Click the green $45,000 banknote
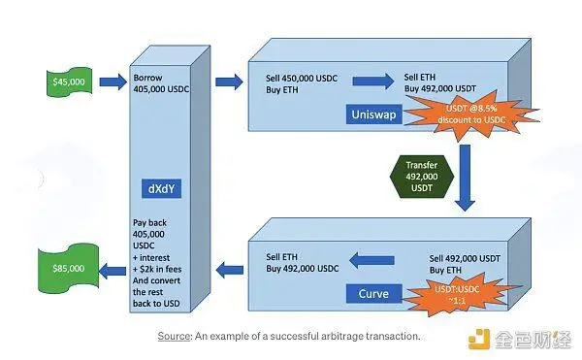pos(70,82)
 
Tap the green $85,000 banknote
pos(69,268)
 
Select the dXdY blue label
pos(161,189)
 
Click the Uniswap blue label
pos(373,115)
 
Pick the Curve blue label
pos(373,294)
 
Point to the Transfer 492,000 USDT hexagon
pos(422,177)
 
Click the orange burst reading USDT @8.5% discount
pos(471,115)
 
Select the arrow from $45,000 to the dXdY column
pos(113,82)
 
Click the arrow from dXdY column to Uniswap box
pos(229,82)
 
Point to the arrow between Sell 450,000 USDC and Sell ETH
pos(373,82)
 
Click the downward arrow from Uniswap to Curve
pos(465,179)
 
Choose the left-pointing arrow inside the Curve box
pos(372,260)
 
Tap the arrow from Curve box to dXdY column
pos(229,270)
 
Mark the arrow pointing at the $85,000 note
pos(113,271)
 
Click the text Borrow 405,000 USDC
pos(161,83)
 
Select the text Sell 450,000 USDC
pos(302,79)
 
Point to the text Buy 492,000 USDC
pos(302,269)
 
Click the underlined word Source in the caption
pos(174,337)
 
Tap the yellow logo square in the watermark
pos(479,339)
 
